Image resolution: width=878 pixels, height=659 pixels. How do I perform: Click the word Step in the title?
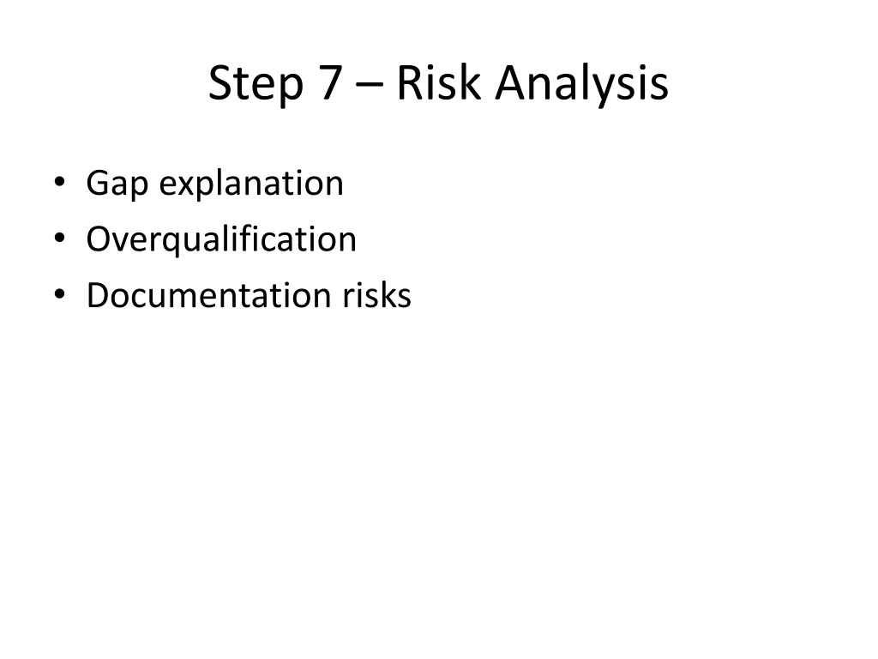[256, 85]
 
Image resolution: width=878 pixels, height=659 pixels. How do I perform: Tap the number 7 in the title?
[332, 82]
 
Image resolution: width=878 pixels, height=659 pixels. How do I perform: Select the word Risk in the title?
[438, 82]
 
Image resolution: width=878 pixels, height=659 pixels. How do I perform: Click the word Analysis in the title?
[582, 85]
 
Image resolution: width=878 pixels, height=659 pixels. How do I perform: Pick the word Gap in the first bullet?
[117, 184]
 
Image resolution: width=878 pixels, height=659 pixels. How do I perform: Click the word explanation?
[251, 184]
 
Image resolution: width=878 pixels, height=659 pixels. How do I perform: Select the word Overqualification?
[221, 240]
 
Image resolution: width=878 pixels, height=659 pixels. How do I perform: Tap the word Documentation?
[209, 294]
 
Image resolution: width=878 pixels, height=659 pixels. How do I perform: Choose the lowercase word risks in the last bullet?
[377, 294]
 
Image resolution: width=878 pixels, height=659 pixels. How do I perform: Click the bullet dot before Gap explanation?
[59, 182]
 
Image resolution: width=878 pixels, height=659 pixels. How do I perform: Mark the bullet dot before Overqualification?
[59, 239]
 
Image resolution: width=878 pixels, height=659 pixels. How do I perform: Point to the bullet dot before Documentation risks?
[59, 294]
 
